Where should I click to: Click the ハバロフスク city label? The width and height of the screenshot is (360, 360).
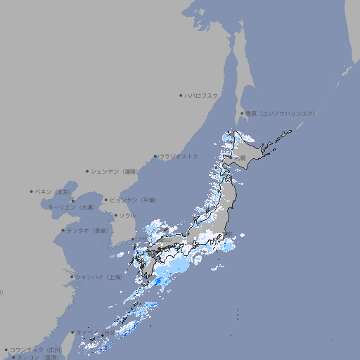click(202, 95)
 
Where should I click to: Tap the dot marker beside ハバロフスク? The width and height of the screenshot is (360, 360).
click(181, 95)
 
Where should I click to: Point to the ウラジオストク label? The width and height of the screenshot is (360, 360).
click(179, 156)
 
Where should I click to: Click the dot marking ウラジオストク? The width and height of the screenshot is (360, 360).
click(155, 156)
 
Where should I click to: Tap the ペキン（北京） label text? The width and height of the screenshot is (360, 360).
click(53, 191)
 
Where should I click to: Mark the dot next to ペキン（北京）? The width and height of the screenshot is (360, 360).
click(32, 191)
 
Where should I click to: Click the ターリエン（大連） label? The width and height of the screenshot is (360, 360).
click(71, 207)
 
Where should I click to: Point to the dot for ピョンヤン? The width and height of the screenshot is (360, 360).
click(106, 200)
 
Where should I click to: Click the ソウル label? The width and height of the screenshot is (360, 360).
click(127, 215)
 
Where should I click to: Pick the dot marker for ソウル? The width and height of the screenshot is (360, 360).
click(115, 215)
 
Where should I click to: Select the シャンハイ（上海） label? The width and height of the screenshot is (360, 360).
click(99, 277)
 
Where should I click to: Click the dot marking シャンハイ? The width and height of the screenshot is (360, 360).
click(72, 277)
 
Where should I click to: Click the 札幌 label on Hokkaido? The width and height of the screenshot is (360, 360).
click(240, 158)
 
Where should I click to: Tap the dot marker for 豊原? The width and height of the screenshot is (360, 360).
click(242, 113)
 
